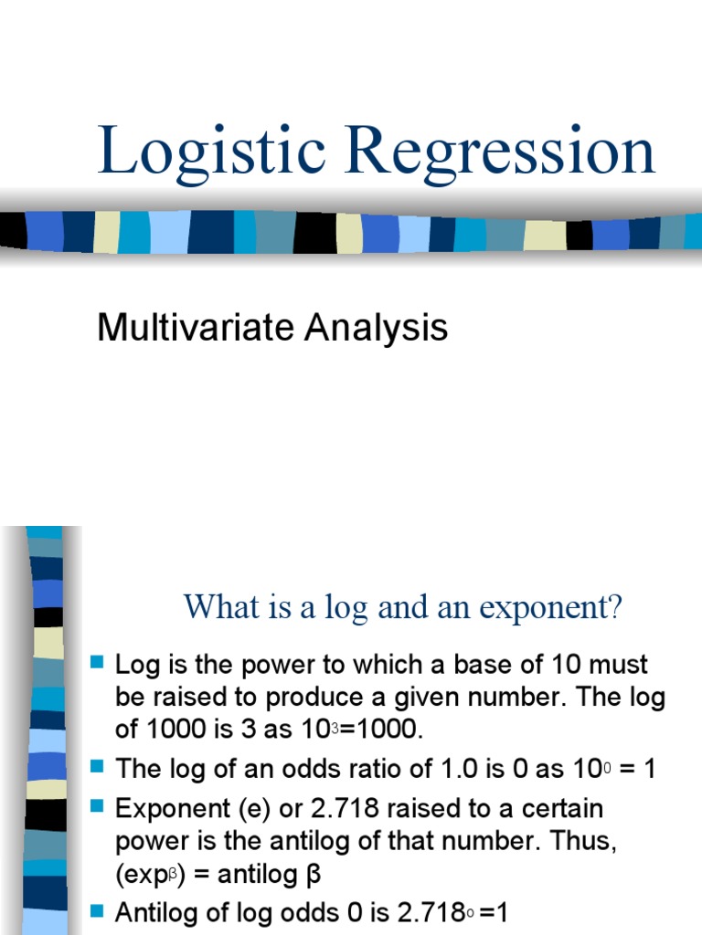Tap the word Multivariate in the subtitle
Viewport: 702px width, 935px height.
(x=188, y=328)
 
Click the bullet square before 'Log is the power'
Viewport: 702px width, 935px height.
(x=99, y=661)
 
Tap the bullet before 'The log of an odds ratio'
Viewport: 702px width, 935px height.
(x=99, y=765)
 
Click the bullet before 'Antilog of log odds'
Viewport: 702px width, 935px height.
(x=99, y=909)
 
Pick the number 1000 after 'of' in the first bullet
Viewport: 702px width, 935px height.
(x=179, y=730)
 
